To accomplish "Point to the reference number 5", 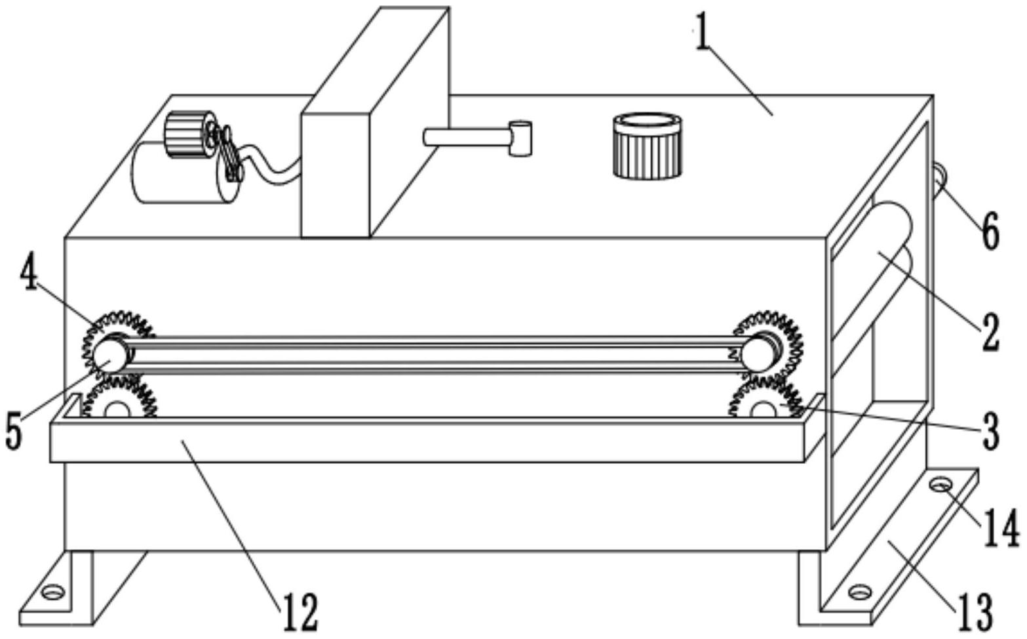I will (x=14, y=430).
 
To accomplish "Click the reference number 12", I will (x=301, y=611).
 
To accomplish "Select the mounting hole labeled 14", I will (x=942, y=485).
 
